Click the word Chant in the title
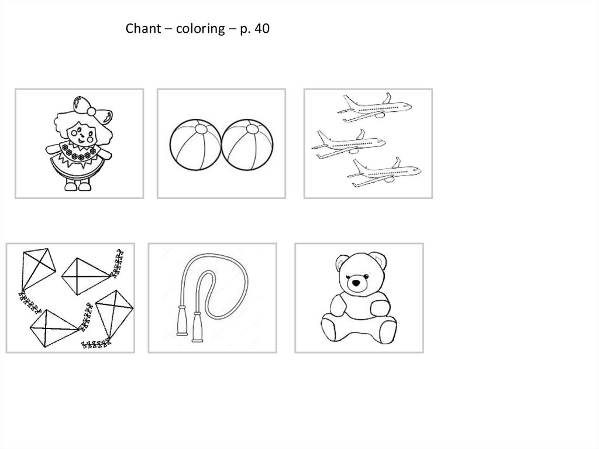click(143, 28)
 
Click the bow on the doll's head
click(92, 109)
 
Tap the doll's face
click(81, 134)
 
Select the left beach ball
click(195, 145)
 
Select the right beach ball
click(247, 145)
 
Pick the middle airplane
click(349, 143)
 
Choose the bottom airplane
click(384, 172)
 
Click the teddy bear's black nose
click(356, 283)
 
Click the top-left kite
click(37, 269)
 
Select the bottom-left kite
click(54, 328)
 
